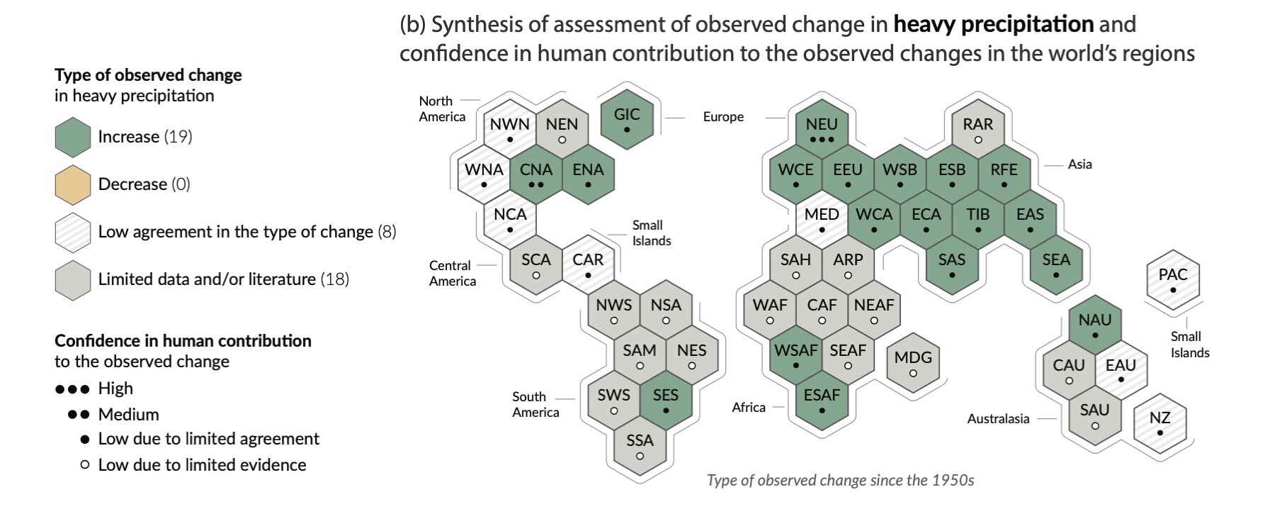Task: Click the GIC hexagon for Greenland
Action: click(x=626, y=119)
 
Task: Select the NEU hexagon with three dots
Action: click(x=822, y=129)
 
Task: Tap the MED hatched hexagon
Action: click(x=822, y=219)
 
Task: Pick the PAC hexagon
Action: click(x=1173, y=279)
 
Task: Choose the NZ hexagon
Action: click(x=1160, y=423)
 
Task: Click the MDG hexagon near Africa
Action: click(x=913, y=362)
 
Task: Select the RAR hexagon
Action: click(x=977, y=129)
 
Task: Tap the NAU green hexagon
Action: click(x=1095, y=325)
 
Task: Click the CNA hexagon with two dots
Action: click(x=536, y=174)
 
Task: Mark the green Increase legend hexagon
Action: click(x=72, y=137)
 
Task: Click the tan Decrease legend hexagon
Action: click(x=72, y=184)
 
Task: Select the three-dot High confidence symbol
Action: click(x=72, y=389)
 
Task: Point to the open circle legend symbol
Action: click(x=85, y=466)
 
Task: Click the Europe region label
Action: click(x=723, y=117)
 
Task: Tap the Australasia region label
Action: click(x=998, y=419)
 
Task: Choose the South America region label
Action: click(x=535, y=404)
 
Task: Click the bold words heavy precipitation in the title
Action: click(x=993, y=24)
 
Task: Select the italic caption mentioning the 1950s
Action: click(x=840, y=481)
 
